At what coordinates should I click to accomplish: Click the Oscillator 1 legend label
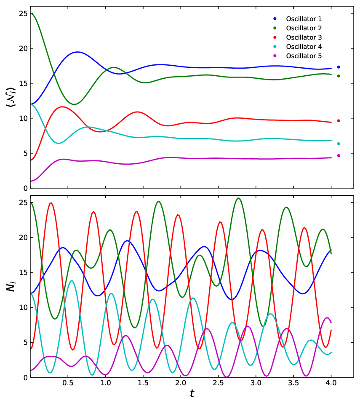pos(304,19)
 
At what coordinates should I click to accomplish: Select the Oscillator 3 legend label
pos(304,37)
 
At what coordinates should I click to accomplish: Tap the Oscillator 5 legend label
pos(304,56)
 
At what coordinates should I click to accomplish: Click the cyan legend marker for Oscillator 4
pos(275,47)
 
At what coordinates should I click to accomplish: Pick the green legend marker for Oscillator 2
pos(275,28)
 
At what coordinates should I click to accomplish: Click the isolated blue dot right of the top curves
pos(339,67)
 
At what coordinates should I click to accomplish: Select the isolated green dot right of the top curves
pos(339,76)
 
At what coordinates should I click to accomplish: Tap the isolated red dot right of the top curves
pos(339,121)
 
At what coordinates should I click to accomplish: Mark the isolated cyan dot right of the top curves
pos(339,144)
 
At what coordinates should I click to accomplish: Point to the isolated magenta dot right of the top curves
pos(339,156)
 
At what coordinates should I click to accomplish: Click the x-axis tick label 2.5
pos(218,383)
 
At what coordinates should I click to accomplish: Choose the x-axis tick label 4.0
pos(331,383)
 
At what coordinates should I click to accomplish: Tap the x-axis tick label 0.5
pos(68,383)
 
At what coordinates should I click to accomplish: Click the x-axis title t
pos(192,394)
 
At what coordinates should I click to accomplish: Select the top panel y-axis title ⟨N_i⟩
pos(11,97)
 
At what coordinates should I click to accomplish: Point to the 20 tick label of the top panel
pos(23,48)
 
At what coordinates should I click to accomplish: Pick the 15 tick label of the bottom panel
pos(23,273)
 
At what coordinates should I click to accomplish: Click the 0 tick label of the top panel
pos(25,189)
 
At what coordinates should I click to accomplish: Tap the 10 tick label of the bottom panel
pos(23,308)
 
